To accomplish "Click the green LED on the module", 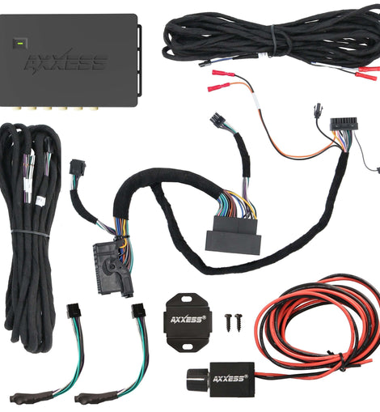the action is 19,43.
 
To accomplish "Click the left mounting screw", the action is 229,321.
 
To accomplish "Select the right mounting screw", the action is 239,321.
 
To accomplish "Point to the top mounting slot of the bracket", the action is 188,299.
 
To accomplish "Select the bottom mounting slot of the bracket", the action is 188,346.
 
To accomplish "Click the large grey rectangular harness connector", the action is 233,235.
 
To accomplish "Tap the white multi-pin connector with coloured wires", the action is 343,125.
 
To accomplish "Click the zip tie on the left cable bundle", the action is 30,233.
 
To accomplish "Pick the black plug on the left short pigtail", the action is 74,312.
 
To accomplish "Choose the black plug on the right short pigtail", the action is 138,311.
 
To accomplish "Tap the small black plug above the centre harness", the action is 217,119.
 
